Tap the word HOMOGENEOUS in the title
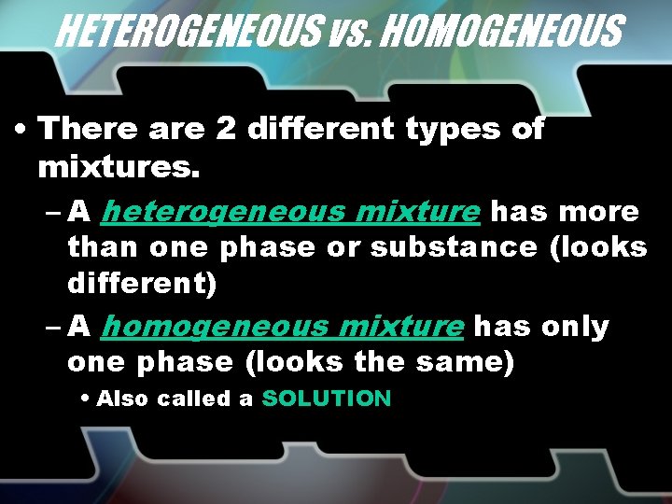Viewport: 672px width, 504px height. tap(501, 32)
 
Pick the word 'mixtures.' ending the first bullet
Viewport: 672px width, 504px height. tap(119, 169)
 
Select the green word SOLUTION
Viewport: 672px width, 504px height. tap(327, 399)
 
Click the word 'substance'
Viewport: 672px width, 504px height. tap(454, 248)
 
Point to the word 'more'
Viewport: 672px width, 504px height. tap(603, 213)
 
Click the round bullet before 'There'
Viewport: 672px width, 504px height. tap(20, 131)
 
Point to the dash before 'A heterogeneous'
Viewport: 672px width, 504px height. tap(53, 214)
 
